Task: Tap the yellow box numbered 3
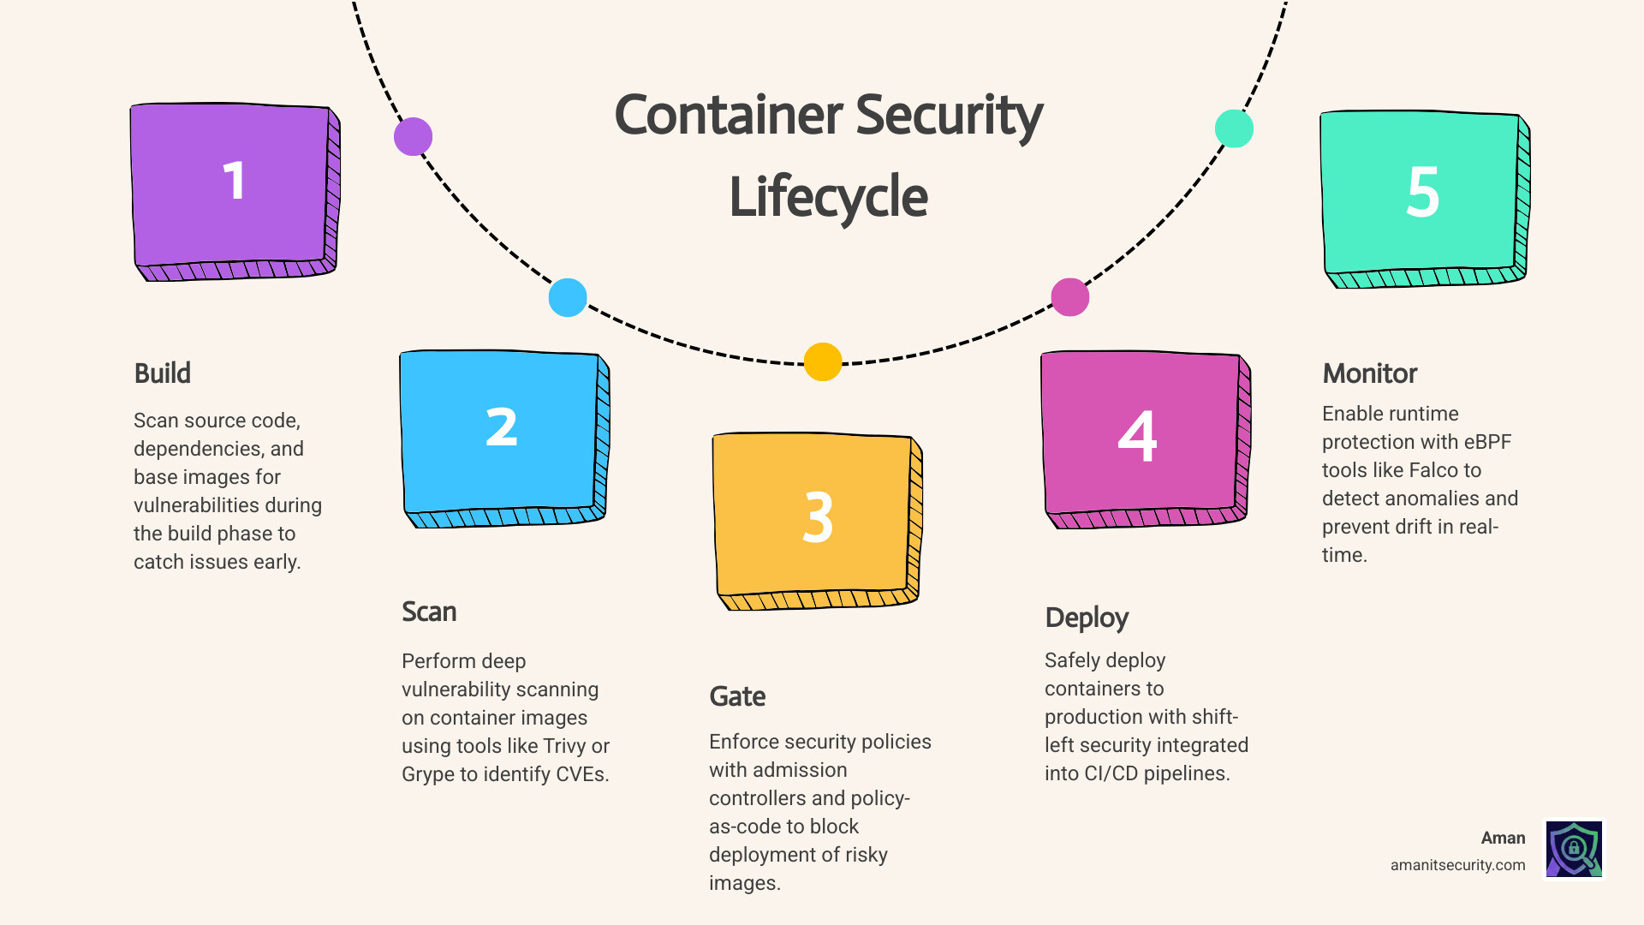click(816, 518)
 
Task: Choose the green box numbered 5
click(1422, 196)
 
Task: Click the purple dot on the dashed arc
click(413, 136)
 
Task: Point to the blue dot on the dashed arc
click(568, 297)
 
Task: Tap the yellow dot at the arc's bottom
click(823, 361)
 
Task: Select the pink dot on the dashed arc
click(1069, 297)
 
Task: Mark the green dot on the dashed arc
click(1234, 128)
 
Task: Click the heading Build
click(163, 373)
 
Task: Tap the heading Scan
click(429, 612)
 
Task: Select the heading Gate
click(737, 696)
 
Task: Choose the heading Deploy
click(1087, 618)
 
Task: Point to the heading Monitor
click(1369, 373)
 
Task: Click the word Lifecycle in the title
click(828, 197)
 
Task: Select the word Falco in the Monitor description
click(1433, 470)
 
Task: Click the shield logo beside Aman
click(1574, 849)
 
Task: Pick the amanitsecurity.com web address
click(1457, 865)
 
